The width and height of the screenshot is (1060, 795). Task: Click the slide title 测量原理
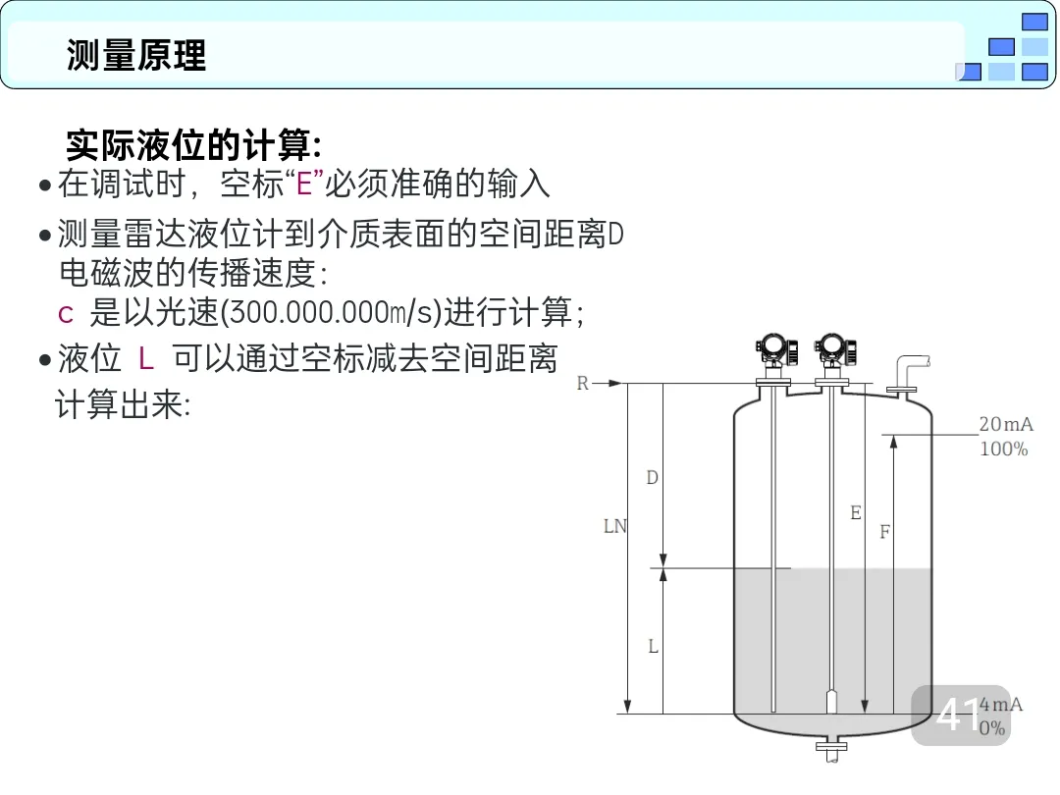[x=136, y=55]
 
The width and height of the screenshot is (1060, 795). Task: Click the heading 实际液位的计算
[x=192, y=145]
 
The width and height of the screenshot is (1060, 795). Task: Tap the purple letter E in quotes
[x=303, y=185]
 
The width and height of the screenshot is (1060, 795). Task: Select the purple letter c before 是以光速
[x=67, y=314]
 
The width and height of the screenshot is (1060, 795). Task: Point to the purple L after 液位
[x=146, y=359]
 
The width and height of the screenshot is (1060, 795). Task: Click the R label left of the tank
[x=583, y=384]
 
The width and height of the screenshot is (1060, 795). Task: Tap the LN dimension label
[x=614, y=527]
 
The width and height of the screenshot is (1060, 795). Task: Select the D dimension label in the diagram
[x=652, y=478]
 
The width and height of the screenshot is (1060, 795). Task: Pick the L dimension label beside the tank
[x=653, y=647]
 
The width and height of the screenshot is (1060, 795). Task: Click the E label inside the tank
[x=856, y=513]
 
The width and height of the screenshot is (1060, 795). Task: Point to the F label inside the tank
[x=885, y=533]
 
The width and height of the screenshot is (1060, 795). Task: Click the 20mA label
[x=1005, y=425]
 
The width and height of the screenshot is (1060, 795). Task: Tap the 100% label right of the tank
[x=1003, y=450]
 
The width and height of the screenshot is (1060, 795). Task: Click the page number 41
[x=958, y=715]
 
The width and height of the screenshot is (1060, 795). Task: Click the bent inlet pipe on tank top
[x=908, y=374]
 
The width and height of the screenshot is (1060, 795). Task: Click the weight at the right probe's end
[x=831, y=702]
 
